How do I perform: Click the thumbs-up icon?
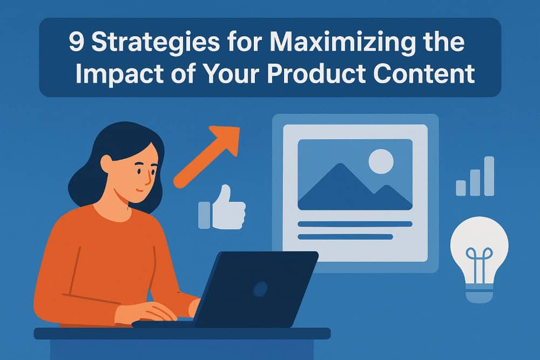(x=227, y=208)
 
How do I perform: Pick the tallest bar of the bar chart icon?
(x=489, y=176)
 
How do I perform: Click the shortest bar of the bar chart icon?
(x=461, y=188)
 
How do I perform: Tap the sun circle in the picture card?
(x=381, y=161)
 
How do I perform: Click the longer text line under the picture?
(x=355, y=223)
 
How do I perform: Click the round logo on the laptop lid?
(x=260, y=289)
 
